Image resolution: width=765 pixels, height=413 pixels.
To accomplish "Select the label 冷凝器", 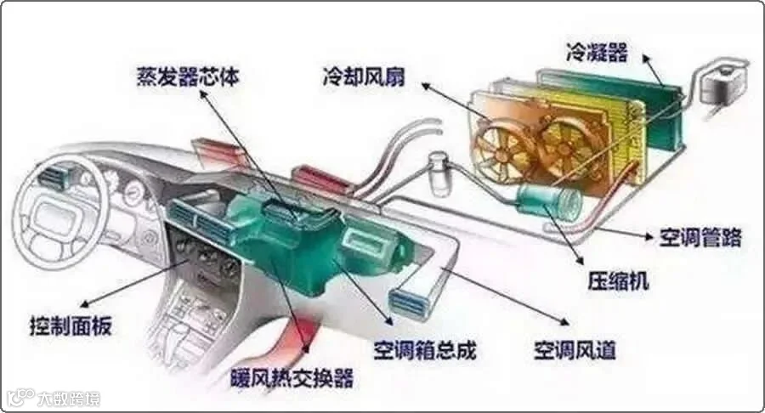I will point(597,53).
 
